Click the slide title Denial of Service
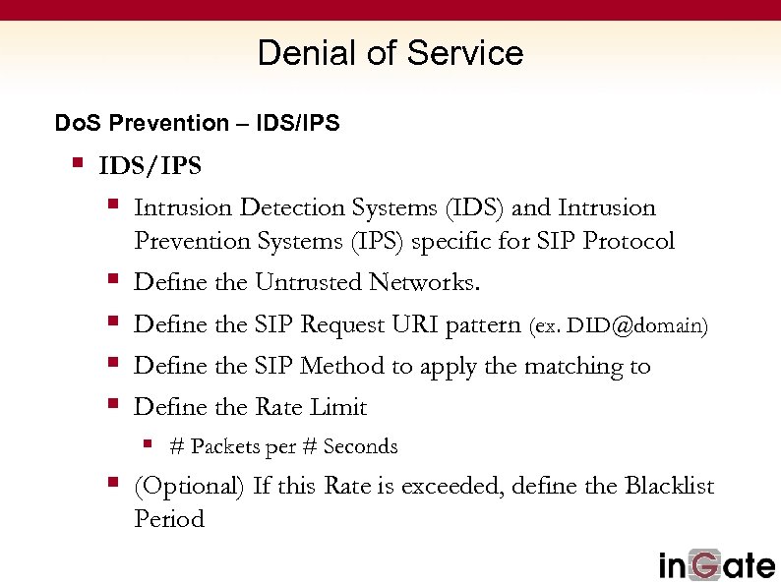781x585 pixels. [x=390, y=53]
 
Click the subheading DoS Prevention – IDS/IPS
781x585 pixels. [x=197, y=123]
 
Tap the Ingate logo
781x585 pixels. [x=716, y=564]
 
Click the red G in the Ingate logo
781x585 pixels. [x=709, y=564]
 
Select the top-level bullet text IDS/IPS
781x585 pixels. [x=150, y=165]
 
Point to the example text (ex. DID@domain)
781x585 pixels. [x=618, y=325]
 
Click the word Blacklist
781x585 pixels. [x=669, y=486]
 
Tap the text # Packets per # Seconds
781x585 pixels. [x=283, y=446]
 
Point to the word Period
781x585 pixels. [x=168, y=518]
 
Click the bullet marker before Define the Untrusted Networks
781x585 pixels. [x=113, y=281]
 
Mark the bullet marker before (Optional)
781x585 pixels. [x=113, y=484]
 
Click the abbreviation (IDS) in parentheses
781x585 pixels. [x=476, y=208]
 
